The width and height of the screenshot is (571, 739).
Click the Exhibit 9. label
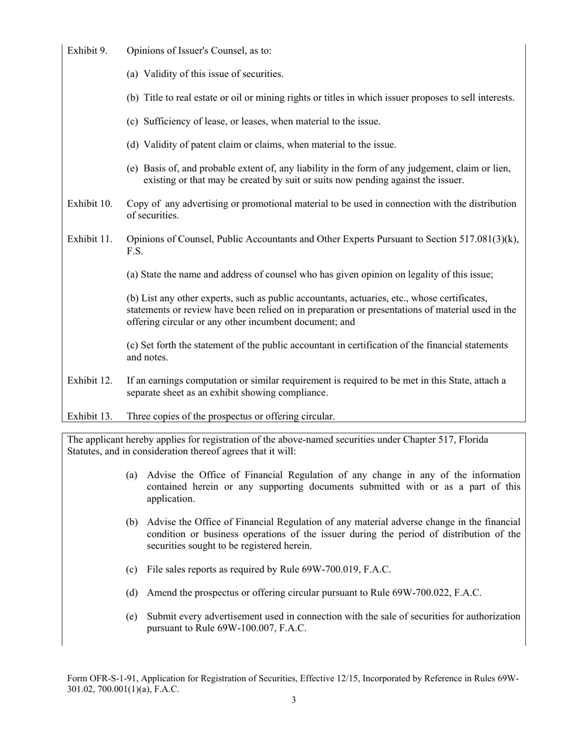click(x=88, y=50)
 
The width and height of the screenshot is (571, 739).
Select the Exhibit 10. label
click(x=90, y=204)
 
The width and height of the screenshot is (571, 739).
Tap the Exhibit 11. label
click(x=90, y=239)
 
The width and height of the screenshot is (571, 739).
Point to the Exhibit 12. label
click(x=90, y=380)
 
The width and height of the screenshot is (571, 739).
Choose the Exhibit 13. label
click(x=90, y=416)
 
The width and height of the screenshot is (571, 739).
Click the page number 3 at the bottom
click(x=293, y=700)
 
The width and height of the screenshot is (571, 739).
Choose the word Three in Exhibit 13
click(x=139, y=416)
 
